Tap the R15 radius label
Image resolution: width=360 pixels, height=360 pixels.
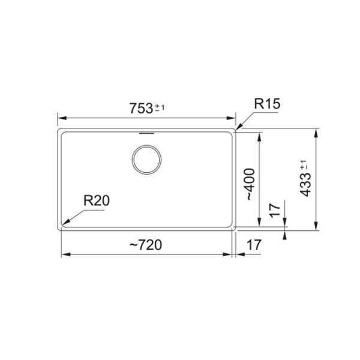pyautogui.click(x=267, y=104)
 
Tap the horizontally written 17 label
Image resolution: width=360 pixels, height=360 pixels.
pyautogui.click(x=253, y=245)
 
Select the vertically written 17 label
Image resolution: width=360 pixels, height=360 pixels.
pyautogui.click(x=275, y=211)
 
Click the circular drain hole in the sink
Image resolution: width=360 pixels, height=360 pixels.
pyautogui.click(x=146, y=159)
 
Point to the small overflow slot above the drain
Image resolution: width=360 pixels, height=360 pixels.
pyautogui.click(x=146, y=132)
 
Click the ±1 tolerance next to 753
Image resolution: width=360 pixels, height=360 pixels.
pyautogui.click(x=160, y=107)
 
